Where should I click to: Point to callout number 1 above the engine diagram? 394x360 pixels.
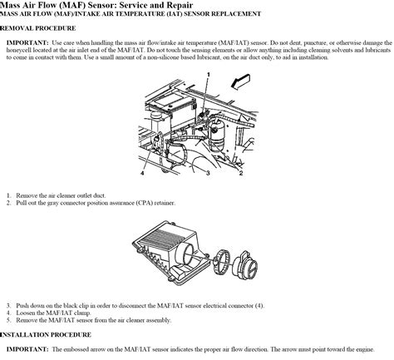point(209,76)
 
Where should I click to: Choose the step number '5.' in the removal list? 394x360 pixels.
point(8,320)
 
